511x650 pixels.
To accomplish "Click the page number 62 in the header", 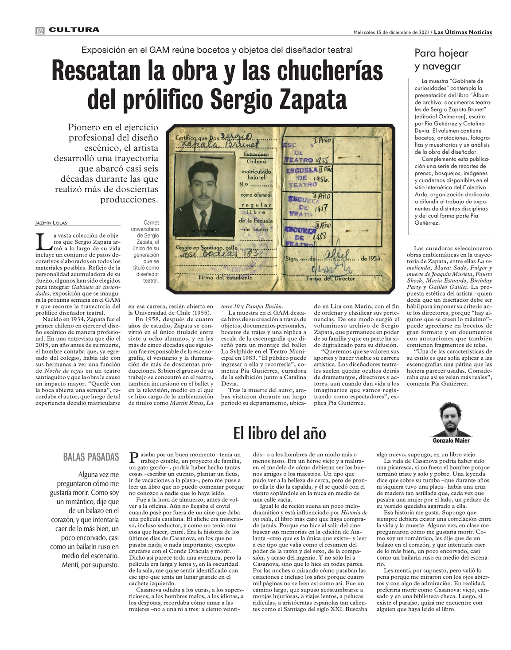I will (x=40, y=31).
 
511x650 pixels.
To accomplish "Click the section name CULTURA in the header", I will (x=74, y=30).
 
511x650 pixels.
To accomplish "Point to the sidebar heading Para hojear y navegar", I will (x=441, y=60).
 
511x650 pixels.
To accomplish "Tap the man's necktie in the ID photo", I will (x=203, y=222).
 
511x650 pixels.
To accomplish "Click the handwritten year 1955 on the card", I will (x=323, y=160).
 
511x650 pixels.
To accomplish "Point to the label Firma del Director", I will (x=330, y=279).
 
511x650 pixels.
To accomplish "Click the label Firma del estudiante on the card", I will (x=226, y=277).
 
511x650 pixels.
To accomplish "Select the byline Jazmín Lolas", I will (x=51, y=223).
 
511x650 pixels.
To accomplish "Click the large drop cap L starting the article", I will (x=43, y=241).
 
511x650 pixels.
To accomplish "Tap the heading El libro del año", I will (x=280, y=433).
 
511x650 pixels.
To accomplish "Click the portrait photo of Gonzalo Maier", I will (x=451, y=419).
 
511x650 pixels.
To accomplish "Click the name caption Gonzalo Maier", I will (x=451, y=440).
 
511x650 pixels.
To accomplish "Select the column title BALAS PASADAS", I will (x=91, y=457).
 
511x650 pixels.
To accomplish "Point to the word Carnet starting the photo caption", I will (x=151, y=222).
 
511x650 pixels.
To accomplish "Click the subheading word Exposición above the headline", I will (x=104, y=50).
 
